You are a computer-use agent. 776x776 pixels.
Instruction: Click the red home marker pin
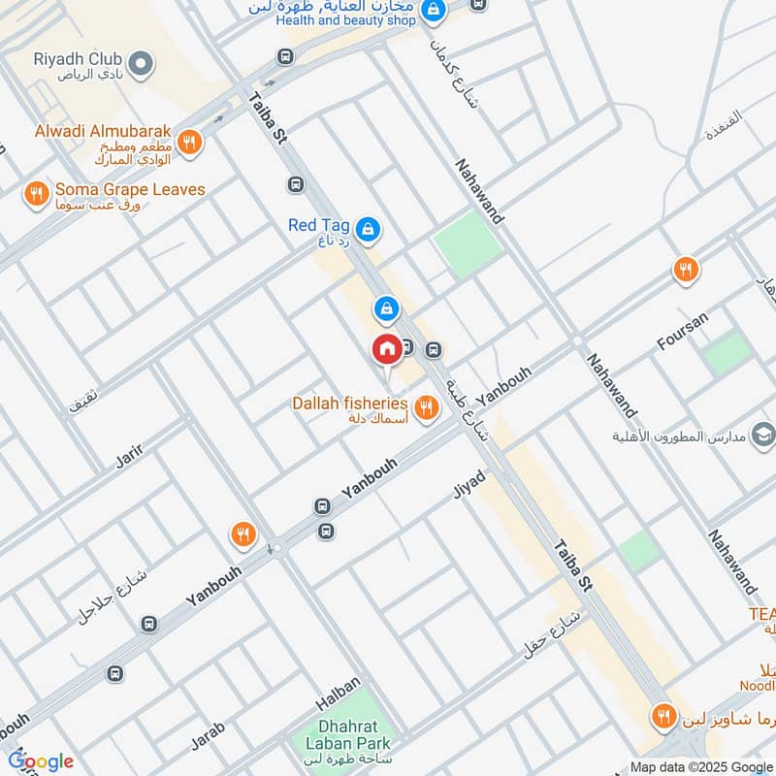coord(387,348)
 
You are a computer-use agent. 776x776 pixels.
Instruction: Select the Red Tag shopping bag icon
coord(368,229)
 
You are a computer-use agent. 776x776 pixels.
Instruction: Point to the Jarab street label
coord(208,736)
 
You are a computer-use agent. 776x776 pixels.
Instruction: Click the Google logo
coord(41,761)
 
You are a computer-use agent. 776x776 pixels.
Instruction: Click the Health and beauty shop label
coord(343,19)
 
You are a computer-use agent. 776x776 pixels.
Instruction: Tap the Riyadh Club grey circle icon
coord(142,65)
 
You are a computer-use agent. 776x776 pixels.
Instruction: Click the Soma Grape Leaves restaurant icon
coord(36,195)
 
